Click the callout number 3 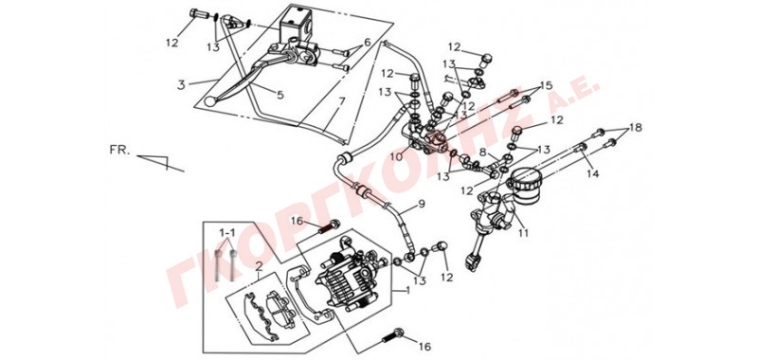181,85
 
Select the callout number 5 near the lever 280,95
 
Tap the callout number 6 368,43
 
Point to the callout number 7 341,102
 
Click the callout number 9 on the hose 421,204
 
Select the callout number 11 523,233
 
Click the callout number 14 593,173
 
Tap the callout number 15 546,86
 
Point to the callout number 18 636,127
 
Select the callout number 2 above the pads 259,265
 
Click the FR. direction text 120,151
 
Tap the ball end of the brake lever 209,101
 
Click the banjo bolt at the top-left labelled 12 199,13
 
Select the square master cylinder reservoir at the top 296,23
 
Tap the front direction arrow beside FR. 160,162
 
